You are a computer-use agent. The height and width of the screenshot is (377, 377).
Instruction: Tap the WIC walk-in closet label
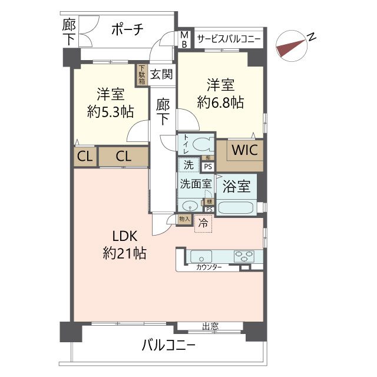tap(243, 150)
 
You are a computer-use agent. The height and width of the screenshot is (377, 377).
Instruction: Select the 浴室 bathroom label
tap(237, 187)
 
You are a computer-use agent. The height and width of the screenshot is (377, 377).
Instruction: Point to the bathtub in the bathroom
tap(237, 208)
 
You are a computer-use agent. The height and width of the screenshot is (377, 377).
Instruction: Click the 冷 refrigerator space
tap(202, 223)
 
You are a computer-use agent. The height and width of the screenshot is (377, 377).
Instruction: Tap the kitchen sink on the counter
tap(201, 256)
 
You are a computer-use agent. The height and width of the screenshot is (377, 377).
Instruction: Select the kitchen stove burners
tap(242, 256)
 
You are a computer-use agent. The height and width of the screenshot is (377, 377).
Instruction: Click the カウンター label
tap(209, 267)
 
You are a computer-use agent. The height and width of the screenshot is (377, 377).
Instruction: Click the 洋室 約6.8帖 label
tap(220, 93)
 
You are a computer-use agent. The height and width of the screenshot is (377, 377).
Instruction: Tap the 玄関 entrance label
tap(160, 75)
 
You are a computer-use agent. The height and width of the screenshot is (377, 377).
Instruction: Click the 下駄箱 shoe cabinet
tap(142, 75)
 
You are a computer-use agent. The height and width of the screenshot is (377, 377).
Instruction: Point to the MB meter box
tap(184, 41)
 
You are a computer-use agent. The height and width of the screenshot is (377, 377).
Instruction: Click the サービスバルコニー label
tap(229, 40)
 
